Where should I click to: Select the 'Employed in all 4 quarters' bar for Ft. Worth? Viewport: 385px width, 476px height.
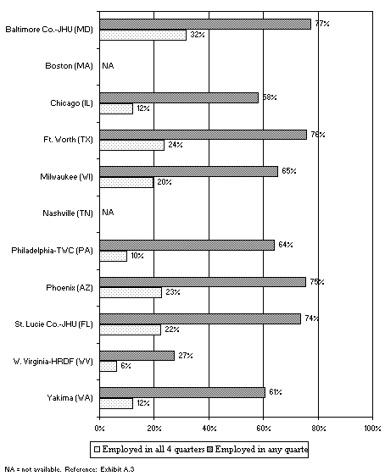pyautogui.click(x=131, y=146)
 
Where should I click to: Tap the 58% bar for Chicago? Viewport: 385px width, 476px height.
pyautogui.click(x=178, y=97)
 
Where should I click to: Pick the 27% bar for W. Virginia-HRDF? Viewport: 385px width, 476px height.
pyautogui.click(x=137, y=355)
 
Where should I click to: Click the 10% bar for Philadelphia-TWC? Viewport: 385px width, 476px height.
pyautogui.click(x=113, y=256)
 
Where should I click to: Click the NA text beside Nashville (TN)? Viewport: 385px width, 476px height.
pyautogui.click(x=108, y=213)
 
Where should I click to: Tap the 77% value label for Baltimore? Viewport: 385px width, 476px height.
pyautogui.click(x=321, y=24)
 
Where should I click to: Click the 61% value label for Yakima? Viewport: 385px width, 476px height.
pyautogui.click(x=275, y=391)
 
